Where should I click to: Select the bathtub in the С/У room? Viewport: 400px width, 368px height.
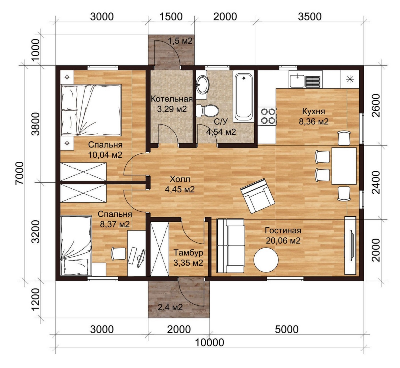[x=243, y=96]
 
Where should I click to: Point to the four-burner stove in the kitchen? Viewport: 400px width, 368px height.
[x=268, y=116]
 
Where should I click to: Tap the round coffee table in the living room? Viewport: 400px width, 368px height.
[x=266, y=260]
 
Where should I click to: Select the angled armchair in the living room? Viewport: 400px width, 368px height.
[x=257, y=196]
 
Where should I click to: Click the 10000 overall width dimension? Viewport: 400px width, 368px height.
[x=209, y=343]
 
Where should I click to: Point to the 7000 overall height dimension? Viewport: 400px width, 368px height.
[x=20, y=173]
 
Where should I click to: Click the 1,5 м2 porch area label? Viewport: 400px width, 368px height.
[x=180, y=40]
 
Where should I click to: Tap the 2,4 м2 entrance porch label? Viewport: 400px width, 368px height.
[x=170, y=307]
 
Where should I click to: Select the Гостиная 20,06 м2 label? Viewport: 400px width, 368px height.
[x=283, y=235]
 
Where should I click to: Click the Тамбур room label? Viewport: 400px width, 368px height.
[x=188, y=253]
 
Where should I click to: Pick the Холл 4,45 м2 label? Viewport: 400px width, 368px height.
[x=180, y=184]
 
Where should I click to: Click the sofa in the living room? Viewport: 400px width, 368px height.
[x=230, y=246]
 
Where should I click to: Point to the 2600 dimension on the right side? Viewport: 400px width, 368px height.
[x=376, y=105]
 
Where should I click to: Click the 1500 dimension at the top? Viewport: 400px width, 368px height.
[x=171, y=17]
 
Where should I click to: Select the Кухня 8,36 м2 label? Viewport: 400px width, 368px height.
[x=313, y=116]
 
